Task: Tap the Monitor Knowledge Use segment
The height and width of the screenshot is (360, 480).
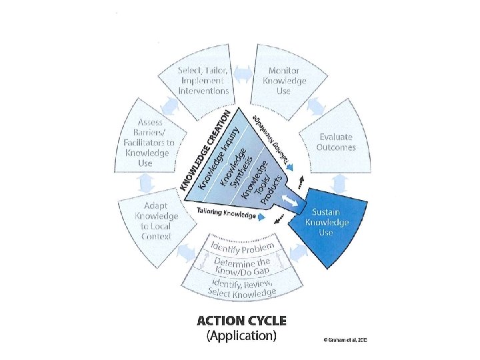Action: click(x=287, y=80)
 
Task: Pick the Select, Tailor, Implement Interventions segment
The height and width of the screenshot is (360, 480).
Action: click(x=203, y=80)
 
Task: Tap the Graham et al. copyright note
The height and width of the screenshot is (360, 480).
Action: click(x=345, y=340)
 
